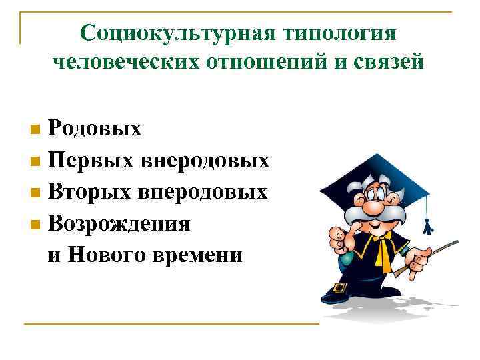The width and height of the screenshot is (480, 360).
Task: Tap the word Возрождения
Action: pos(119,224)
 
